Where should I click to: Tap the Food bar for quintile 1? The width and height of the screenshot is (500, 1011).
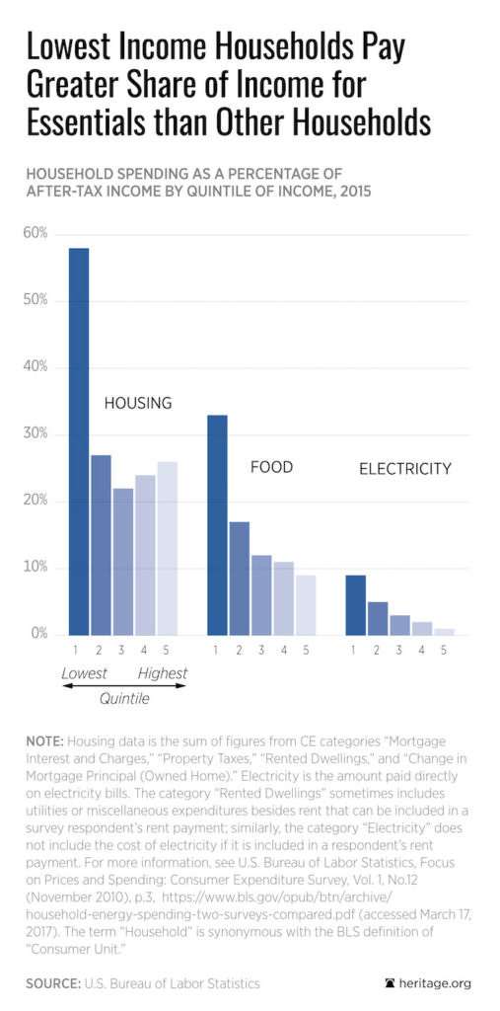click(217, 524)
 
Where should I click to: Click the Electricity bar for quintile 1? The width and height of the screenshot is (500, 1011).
click(355, 604)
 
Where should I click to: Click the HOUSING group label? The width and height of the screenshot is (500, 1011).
click(138, 403)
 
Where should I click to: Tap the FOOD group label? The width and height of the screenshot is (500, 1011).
click(271, 467)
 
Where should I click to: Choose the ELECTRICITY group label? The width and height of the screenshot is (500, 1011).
click(404, 469)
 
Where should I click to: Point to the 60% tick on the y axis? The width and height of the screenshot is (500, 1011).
click(36, 234)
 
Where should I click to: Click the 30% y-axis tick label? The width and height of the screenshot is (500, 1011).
click(36, 434)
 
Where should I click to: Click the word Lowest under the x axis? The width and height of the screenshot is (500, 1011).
click(85, 673)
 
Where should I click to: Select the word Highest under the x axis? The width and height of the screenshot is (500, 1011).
click(162, 673)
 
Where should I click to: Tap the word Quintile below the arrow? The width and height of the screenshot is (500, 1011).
click(123, 698)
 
